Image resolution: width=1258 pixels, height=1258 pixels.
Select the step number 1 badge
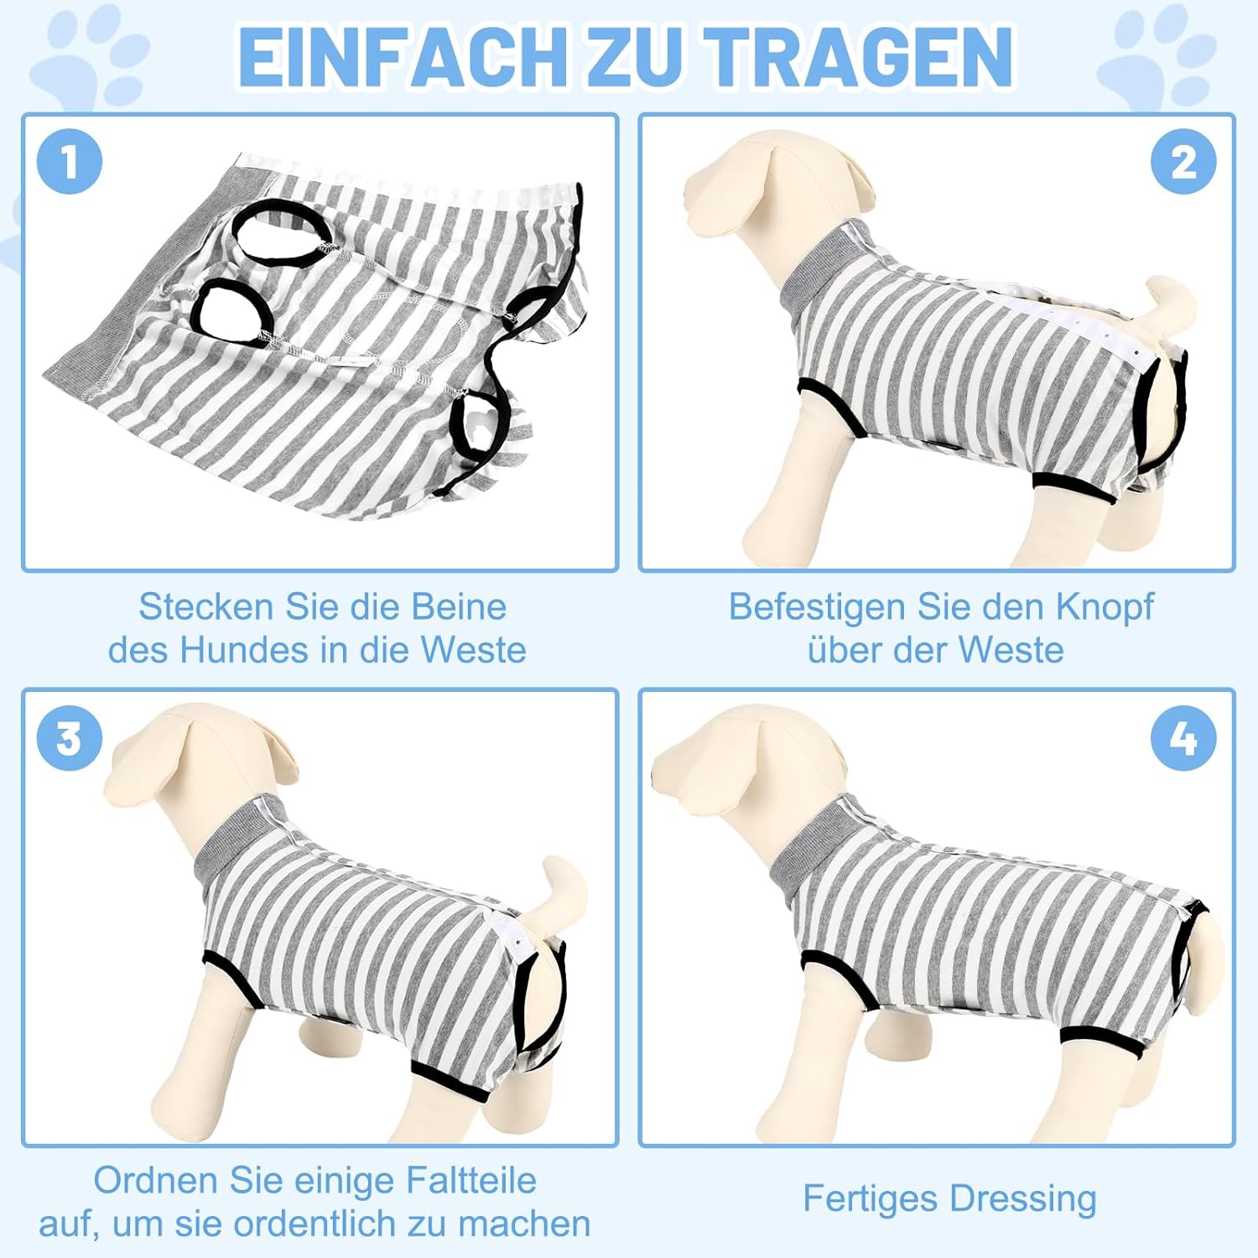point(70,162)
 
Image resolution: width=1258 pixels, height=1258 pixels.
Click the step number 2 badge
point(1183,162)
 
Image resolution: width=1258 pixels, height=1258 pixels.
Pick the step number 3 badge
point(70,739)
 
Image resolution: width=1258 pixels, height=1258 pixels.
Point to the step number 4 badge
point(1183,739)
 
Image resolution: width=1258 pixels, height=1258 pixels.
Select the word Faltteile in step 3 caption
point(471,1181)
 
